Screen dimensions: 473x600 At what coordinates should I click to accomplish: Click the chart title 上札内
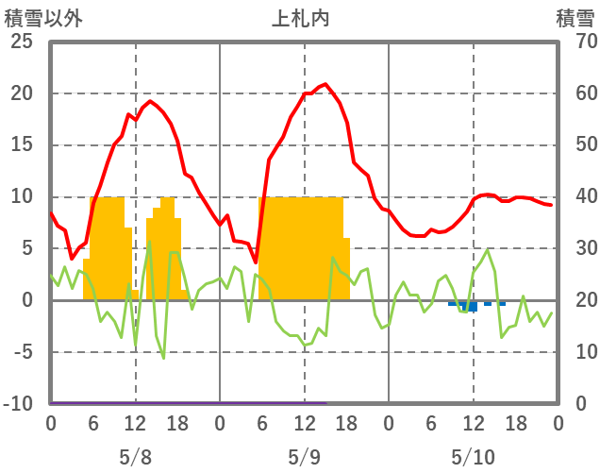pos(302,18)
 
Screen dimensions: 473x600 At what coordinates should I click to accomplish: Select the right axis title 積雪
pos(574,18)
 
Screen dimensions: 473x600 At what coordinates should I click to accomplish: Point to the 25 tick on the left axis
pos(23,42)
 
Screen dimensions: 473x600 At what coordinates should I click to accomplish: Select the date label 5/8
pos(135,457)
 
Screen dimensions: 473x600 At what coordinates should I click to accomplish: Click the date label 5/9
pos(304,457)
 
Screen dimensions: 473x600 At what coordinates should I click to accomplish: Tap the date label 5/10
pos(473,457)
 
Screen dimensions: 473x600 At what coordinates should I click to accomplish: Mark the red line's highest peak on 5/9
pos(325,85)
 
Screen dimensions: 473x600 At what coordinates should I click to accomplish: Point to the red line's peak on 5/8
pos(150,101)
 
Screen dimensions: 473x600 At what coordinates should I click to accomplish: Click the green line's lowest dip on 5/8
pos(163,358)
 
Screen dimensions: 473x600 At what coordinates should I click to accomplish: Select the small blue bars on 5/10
pos(470,306)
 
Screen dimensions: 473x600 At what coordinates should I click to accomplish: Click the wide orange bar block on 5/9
pos(300,248)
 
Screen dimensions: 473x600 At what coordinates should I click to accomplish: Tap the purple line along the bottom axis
pos(189,403)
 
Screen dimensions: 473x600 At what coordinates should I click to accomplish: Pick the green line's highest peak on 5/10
pos(487,250)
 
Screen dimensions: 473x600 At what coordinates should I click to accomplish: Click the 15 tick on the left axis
pos(23,145)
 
